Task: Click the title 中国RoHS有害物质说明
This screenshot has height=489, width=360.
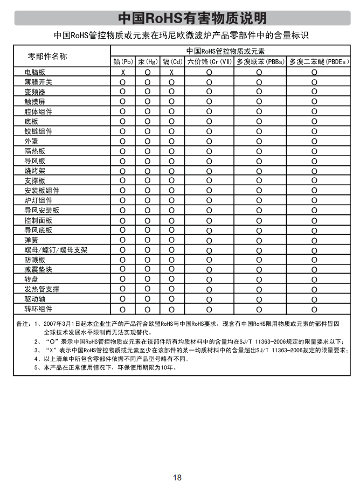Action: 192,18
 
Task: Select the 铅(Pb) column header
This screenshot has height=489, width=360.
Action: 123,62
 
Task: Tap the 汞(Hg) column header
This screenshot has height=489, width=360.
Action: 147,62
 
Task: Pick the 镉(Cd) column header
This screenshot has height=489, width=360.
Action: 172,62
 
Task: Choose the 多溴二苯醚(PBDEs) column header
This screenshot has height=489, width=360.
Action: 314,62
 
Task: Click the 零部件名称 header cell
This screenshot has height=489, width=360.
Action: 47,57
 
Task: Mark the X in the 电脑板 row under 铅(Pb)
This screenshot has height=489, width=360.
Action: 123,72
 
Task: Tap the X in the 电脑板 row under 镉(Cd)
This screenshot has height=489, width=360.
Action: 172,72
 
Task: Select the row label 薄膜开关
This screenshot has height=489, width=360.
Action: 38,82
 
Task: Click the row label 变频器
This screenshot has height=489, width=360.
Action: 35,92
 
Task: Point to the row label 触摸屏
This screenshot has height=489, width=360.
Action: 35,102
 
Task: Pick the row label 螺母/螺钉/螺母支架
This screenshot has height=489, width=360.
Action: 56,250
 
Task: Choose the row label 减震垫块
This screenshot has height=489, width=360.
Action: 38,269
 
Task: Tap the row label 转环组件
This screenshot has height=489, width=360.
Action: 38,309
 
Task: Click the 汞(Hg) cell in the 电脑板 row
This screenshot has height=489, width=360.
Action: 147,72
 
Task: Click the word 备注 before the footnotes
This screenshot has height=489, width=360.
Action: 22,324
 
